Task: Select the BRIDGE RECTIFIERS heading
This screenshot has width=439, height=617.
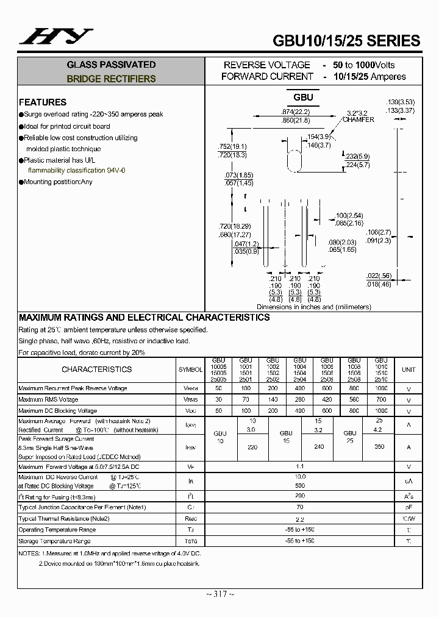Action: [111, 79]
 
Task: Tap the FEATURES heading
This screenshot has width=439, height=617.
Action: [43, 102]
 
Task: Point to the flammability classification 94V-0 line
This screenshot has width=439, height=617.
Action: [76, 171]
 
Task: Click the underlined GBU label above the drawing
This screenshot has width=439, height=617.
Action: [303, 98]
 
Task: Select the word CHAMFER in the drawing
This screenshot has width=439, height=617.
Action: [359, 119]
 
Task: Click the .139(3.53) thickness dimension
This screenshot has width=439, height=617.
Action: [401, 102]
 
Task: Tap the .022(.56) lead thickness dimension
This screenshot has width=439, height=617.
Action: [379, 276]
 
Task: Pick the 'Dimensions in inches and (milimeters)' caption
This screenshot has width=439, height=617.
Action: [313, 307]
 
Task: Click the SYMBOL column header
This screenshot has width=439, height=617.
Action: [190, 369]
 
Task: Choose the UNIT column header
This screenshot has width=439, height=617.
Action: [409, 369]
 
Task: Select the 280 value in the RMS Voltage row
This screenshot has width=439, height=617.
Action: [299, 400]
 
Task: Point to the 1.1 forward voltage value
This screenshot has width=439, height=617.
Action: [299, 466]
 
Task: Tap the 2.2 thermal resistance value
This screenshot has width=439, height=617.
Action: [299, 519]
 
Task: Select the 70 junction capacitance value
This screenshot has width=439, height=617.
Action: [299, 507]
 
